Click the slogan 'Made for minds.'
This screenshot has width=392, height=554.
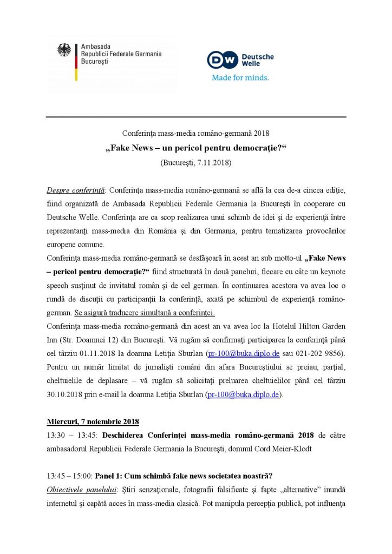pos(240,77)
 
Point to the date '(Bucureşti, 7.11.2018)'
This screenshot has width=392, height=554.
pos(195,162)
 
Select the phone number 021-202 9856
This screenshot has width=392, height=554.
pos(319,354)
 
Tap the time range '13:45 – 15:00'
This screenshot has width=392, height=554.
pos(69,476)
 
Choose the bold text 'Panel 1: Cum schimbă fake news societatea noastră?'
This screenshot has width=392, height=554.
pos(184,476)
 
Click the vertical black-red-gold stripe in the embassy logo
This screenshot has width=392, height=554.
pos(76,62)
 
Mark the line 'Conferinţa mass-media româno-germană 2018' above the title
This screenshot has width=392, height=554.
pos(195,134)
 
